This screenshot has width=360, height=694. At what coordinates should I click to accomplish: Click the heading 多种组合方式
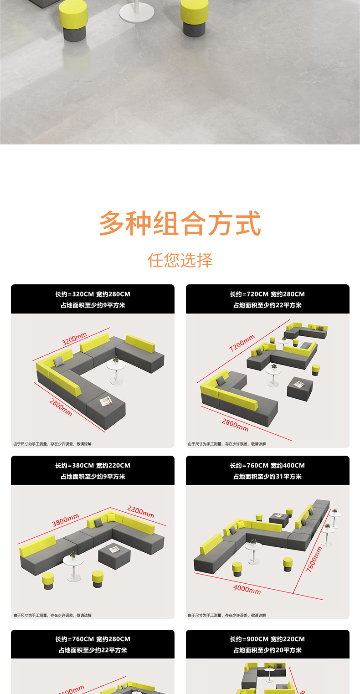click(180, 223)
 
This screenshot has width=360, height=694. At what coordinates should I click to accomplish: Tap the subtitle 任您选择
click(180, 260)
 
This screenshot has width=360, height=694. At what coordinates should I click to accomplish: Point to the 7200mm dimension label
click(242, 343)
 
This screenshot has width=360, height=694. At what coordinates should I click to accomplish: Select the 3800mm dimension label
click(66, 520)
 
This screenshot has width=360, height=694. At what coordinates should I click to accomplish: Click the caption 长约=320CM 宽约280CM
click(93, 294)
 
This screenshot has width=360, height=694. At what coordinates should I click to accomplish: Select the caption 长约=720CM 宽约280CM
click(267, 294)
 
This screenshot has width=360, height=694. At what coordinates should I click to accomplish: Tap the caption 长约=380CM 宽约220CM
click(93, 466)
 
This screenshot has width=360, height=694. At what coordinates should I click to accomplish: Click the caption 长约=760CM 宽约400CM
click(267, 466)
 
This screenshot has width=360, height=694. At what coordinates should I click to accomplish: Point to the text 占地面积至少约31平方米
click(267, 477)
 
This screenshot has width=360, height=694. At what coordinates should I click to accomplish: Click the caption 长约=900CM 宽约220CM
click(267, 639)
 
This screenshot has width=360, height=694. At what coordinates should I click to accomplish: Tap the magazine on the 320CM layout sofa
click(106, 401)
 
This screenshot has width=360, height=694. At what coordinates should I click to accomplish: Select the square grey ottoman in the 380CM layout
click(114, 553)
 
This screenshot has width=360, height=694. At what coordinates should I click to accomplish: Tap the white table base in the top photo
click(137, 13)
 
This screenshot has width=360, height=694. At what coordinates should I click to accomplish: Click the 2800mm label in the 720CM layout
click(235, 425)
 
